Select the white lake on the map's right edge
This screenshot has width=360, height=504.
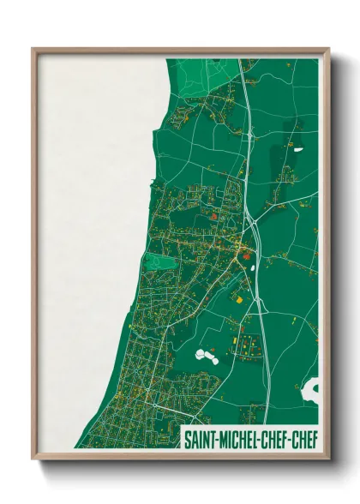pos(311,390)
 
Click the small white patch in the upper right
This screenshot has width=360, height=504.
pos(297,150)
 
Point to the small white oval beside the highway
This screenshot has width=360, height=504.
pos(253,264)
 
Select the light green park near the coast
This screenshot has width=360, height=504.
pos(159,262)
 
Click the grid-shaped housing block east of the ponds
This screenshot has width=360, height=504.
pos(249,346)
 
